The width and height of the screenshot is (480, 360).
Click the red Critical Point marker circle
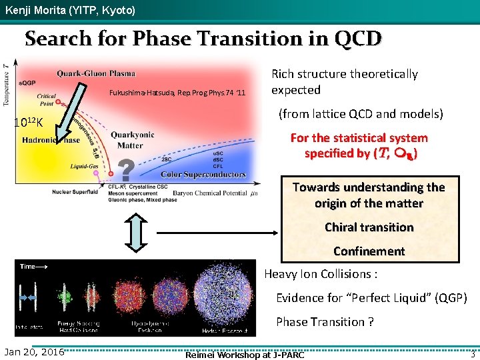59,102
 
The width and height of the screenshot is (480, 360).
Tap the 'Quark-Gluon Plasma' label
96,73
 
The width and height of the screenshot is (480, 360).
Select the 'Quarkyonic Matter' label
133,140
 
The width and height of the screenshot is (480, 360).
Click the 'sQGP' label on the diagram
27,81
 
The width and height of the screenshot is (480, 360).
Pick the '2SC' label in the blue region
167,159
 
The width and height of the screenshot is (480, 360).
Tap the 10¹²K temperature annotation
29,123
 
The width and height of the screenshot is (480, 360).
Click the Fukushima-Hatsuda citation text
177,93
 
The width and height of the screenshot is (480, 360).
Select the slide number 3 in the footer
472,353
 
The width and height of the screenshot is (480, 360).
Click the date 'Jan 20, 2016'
34,351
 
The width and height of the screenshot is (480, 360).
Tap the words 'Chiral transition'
369,227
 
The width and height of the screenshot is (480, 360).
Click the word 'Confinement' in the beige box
369,251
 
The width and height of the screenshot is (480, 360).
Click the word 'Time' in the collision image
27,266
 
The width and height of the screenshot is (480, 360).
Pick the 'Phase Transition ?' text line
325,322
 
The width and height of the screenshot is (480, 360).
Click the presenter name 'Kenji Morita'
33,11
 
